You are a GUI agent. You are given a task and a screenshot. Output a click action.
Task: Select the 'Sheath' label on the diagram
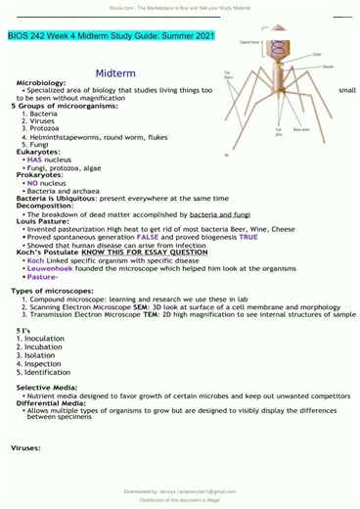(x=328, y=66)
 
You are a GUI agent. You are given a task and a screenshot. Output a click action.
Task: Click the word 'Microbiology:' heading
(x=41, y=84)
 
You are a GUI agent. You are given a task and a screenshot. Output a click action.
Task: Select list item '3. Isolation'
(x=35, y=355)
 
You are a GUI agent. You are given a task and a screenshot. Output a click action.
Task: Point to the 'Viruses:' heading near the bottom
(x=25, y=447)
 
